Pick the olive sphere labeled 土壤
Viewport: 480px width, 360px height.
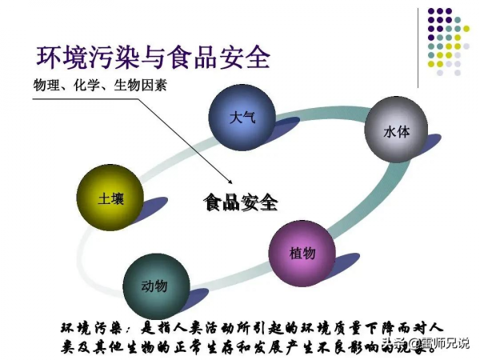click(108, 198)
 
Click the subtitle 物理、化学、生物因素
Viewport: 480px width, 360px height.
click(100, 86)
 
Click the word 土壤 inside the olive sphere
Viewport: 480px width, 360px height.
click(108, 198)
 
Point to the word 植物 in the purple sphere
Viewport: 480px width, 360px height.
click(302, 252)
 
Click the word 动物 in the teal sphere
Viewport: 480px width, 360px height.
click(154, 286)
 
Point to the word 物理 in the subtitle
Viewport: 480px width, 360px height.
click(46, 86)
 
